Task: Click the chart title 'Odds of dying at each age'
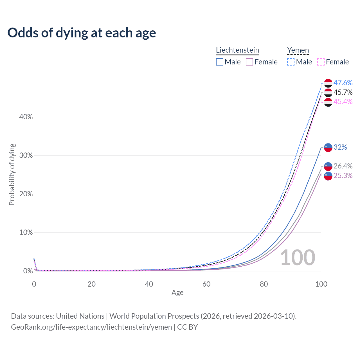pos(82,33)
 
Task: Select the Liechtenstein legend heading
pos(237,50)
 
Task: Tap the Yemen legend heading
pos(298,50)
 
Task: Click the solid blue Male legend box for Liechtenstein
pos(220,62)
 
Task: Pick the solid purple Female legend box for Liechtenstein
pos(249,62)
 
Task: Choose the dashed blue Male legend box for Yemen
pos(291,62)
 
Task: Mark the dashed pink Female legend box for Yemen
pos(321,62)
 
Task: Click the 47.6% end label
pos(343,83)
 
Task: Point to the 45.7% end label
pos(343,92)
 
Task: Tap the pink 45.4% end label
pos(343,102)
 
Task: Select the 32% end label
pos(340,147)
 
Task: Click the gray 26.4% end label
pos(343,166)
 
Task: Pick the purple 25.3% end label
pos(343,175)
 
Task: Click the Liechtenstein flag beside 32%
pos(328,147)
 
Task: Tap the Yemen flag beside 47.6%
pos(328,83)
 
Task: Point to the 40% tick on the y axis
pos(26,117)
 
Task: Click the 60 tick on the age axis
pos(206,284)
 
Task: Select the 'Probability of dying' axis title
pos(12,174)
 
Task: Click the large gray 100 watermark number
pos(298,258)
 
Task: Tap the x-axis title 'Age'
pos(177,293)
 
